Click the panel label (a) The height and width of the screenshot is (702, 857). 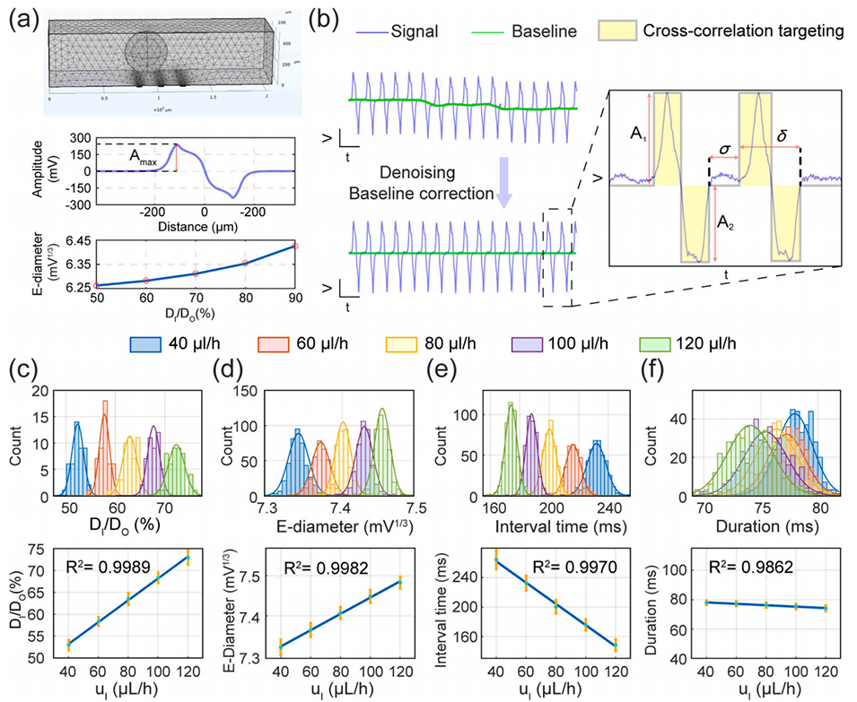[x=20, y=17]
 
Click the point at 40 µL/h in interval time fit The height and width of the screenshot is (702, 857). [x=496, y=560]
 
